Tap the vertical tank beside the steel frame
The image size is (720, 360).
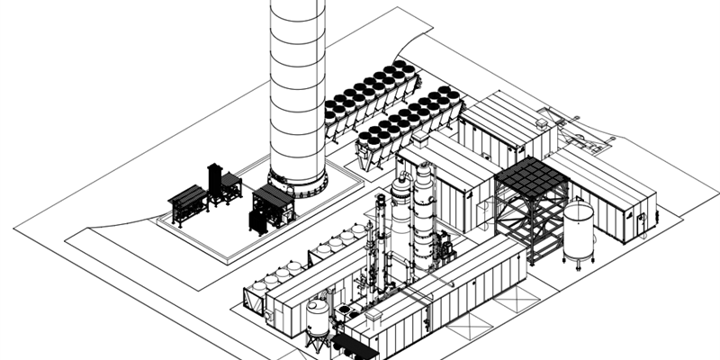pyautogui.click(x=578, y=231)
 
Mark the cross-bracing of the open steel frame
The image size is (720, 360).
pyautogui.click(x=531, y=220)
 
